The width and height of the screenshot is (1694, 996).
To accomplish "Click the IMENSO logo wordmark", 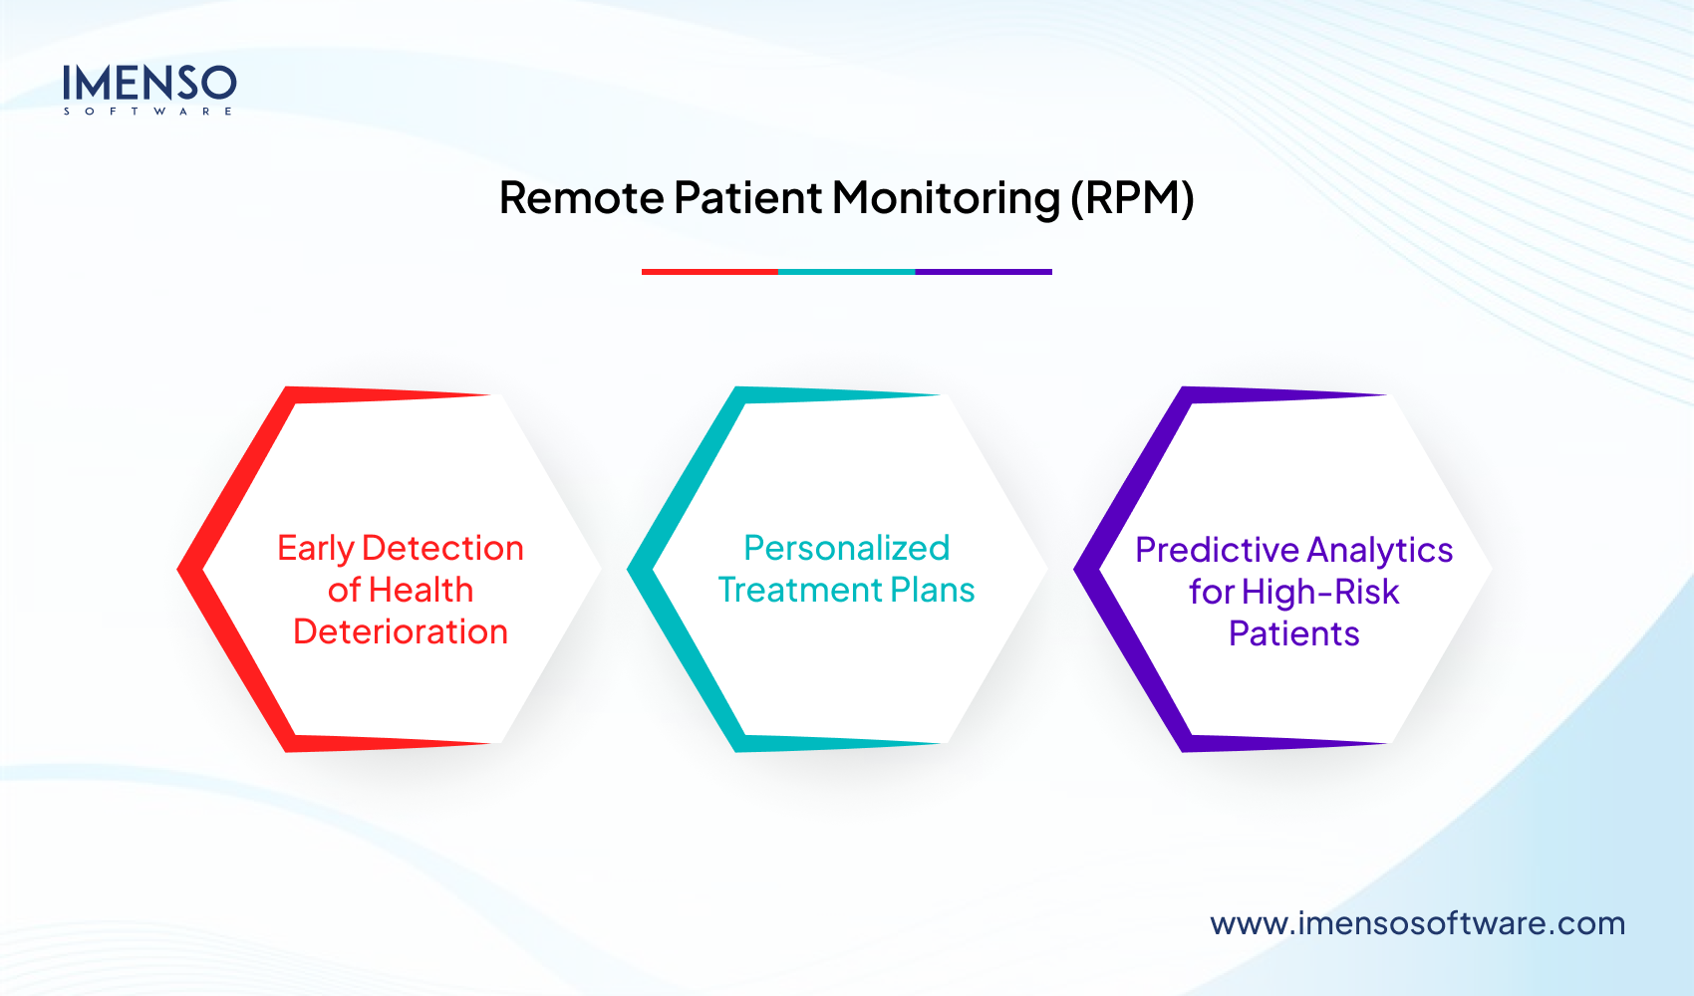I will click(x=149, y=83).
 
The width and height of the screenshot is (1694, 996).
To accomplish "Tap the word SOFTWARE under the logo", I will click(x=148, y=112).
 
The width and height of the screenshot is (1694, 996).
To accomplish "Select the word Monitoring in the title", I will click(x=945, y=198).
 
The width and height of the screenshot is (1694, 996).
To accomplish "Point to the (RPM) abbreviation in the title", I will click(x=1132, y=198).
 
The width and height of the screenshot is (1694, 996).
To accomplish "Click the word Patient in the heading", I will click(x=747, y=197).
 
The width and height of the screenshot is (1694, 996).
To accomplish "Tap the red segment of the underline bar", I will click(x=709, y=271).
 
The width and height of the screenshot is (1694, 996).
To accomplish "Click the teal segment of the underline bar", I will click(x=846, y=271).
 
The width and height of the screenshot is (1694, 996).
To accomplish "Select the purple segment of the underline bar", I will click(x=984, y=271).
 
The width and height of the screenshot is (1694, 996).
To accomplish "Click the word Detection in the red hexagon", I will click(x=442, y=548).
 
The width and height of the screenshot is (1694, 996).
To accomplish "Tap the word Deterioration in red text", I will click(x=401, y=631).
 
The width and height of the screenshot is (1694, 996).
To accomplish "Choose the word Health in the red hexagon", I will click(x=421, y=590).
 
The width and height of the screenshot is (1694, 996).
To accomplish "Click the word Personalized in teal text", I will click(x=847, y=548).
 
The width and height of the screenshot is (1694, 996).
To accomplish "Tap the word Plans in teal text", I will click(x=933, y=590).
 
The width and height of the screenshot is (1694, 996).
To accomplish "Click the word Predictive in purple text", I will click(x=1217, y=550).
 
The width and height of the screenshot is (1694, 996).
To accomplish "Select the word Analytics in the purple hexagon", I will click(x=1380, y=550).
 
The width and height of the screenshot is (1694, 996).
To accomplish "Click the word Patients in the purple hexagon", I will click(x=1293, y=633).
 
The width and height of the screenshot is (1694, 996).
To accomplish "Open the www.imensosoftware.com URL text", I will click(x=1417, y=923).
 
